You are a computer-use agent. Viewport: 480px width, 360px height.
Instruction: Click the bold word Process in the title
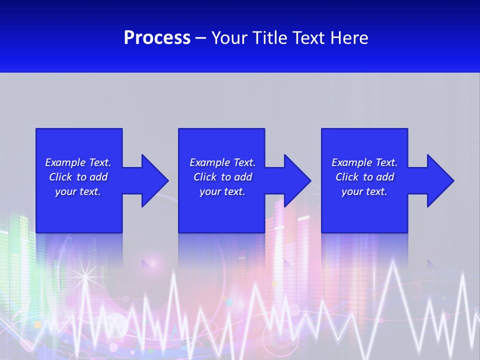[157, 38]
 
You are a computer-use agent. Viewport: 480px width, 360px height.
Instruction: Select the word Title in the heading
[269, 38]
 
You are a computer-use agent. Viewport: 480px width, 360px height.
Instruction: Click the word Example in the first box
[65, 162]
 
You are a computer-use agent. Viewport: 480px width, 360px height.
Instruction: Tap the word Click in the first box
[61, 177]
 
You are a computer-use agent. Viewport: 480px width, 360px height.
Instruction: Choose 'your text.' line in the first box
[78, 191]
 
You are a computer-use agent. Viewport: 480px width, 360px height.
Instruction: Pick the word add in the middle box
[243, 177]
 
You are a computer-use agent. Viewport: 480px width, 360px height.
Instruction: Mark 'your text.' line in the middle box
[222, 191]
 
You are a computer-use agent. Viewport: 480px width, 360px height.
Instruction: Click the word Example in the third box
[352, 162]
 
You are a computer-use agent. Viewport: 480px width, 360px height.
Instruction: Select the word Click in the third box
[347, 177]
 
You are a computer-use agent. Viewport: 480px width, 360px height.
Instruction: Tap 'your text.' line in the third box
[364, 191]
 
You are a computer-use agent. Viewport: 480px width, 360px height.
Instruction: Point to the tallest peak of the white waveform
[393, 262]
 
